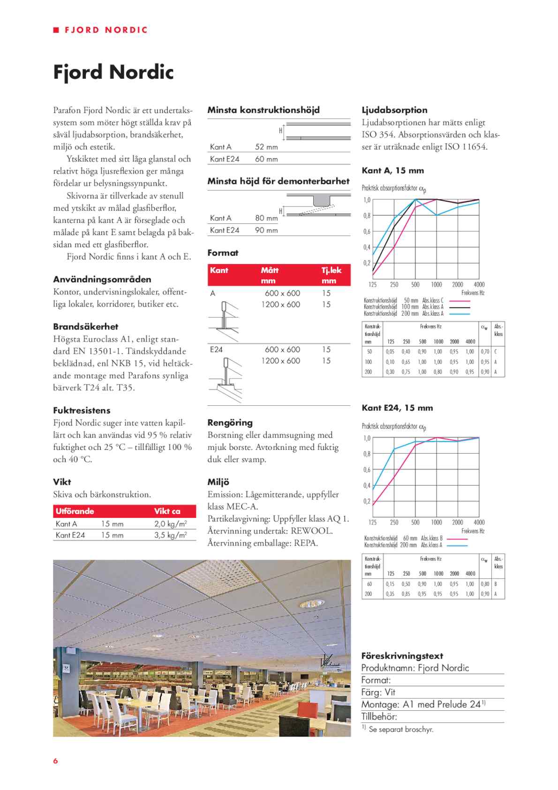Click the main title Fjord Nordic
113,72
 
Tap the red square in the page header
56,30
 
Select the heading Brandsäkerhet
85,327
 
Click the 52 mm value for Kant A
266,147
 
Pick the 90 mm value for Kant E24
266,230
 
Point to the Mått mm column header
270,275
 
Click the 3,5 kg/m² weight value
171,535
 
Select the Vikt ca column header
167,511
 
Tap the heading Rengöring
230,423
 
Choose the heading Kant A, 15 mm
393,171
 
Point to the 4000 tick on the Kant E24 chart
479,522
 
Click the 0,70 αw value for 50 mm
485,351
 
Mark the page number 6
55,761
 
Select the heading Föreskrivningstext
402,656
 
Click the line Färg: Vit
378,692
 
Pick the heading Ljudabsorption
394,110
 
